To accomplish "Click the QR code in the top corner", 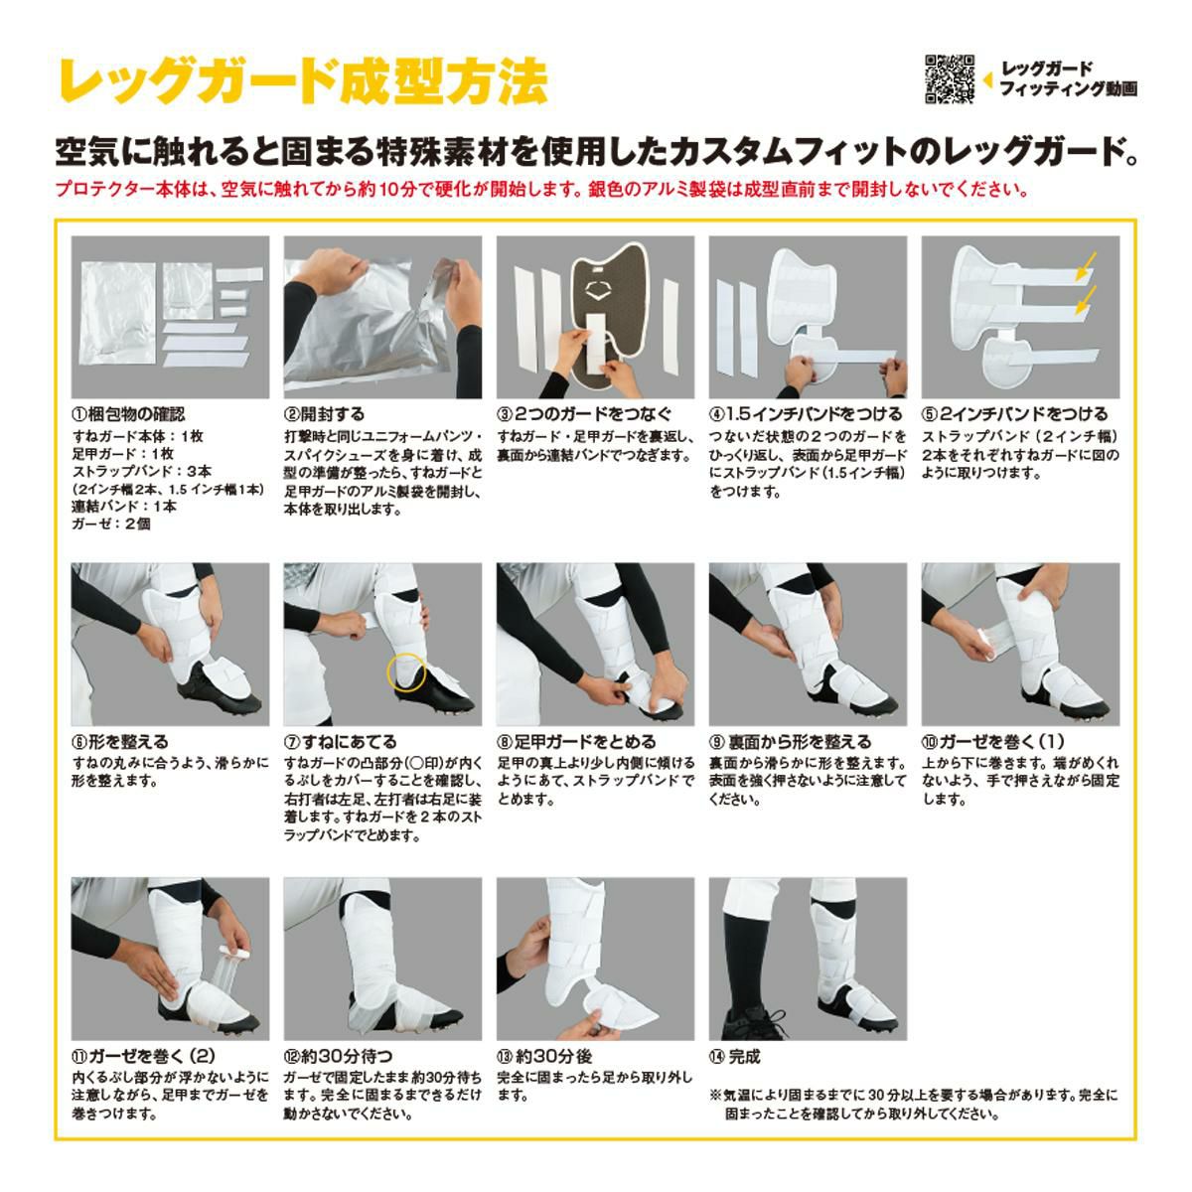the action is [950, 79].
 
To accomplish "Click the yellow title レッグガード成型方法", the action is [304, 81].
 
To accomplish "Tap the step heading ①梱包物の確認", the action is [128, 414].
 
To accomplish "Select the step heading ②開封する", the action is [325, 414].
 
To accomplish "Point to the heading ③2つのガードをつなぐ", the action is [584, 414].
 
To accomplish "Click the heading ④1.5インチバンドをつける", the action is [806, 414].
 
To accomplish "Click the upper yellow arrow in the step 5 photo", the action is [1086, 266].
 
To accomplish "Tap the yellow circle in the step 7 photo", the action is [406, 671].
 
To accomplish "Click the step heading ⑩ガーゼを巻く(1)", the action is [994, 741].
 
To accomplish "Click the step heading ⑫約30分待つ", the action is [339, 1056].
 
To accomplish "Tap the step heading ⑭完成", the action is [735, 1056].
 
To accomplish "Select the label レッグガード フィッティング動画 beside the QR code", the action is [1068, 79].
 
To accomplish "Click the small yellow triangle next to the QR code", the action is [987, 79].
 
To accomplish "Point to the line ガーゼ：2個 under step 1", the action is [110, 523].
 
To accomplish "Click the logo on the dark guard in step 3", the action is [597, 291].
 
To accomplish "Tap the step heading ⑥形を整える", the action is [119, 741].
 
